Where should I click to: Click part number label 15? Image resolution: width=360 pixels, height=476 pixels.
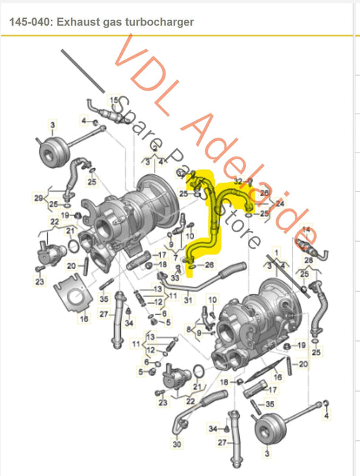coord(114,99)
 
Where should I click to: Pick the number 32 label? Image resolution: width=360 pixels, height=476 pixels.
coord(238,181)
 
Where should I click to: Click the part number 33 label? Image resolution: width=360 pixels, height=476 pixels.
coord(175,277)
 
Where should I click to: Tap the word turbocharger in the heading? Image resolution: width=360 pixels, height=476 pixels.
coord(159,22)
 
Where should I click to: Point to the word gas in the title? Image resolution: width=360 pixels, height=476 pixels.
coord(111,22)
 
